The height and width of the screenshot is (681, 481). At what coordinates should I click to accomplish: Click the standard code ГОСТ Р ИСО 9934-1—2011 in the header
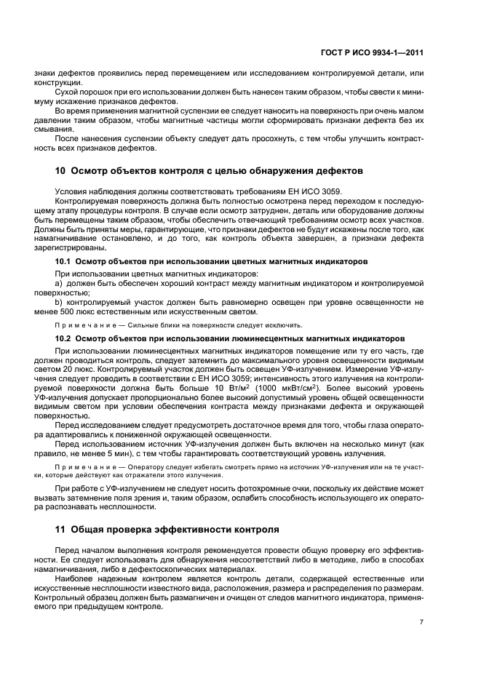373,52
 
